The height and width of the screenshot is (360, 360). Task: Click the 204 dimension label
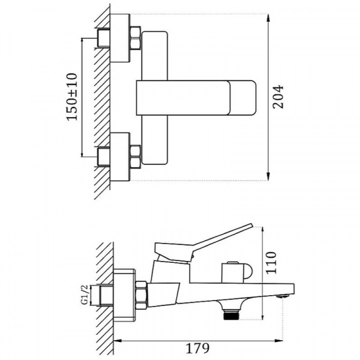278,97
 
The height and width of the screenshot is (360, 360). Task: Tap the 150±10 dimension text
73,98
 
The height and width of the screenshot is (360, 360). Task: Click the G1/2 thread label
85,295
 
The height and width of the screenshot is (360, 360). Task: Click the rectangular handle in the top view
196,97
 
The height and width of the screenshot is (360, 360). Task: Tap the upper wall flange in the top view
120,37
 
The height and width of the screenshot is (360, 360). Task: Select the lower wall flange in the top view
120,157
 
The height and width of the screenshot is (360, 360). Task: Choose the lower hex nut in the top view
136,156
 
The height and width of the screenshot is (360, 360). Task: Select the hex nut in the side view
141,295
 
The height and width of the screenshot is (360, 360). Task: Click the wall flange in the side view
125,294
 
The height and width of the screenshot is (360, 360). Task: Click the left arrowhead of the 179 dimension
118,341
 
